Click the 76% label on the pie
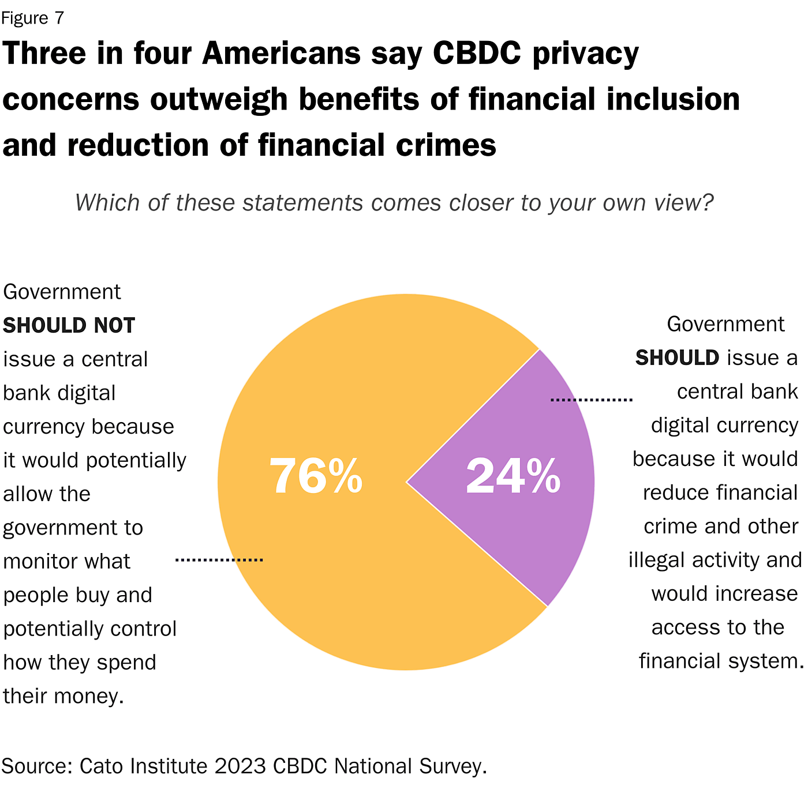click(x=316, y=476)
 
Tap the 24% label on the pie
click(x=513, y=476)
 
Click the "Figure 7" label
click(x=32, y=18)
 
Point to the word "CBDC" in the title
click(x=477, y=54)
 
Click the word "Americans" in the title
click(x=282, y=54)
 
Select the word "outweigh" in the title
click(x=219, y=99)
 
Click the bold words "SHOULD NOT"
click(x=69, y=326)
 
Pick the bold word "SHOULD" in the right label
click(x=677, y=358)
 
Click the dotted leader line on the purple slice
click(x=592, y=399)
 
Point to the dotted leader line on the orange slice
click(x=219, y=559)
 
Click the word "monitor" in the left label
click(x=37, y=561)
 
